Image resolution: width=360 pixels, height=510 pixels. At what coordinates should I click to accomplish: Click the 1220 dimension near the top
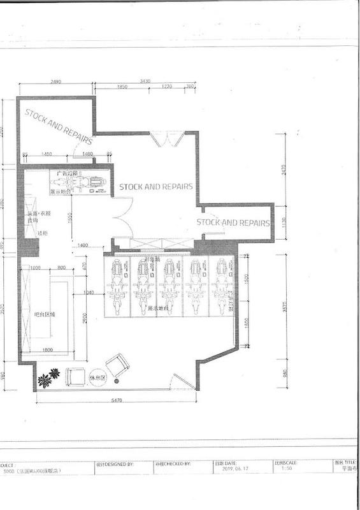click(167, 87)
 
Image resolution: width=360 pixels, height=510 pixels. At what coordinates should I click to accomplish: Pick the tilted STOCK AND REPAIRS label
click(54, 124)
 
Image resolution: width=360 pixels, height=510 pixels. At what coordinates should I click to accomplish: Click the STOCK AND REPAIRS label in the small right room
click(233, 222)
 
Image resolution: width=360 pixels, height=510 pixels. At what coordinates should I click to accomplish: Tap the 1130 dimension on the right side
click(284, 222)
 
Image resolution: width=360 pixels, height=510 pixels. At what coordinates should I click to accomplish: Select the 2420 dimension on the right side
click(284, 169)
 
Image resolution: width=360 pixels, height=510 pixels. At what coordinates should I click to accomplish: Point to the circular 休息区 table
click(97, 377)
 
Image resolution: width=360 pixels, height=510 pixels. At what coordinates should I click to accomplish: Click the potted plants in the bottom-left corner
click(48, 379)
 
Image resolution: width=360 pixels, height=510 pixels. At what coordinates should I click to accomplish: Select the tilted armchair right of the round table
click(118, 365)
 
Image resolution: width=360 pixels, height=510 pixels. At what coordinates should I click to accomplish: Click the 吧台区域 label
click(45, 315)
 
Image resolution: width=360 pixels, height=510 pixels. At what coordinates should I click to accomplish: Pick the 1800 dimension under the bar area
click(47, 350)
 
